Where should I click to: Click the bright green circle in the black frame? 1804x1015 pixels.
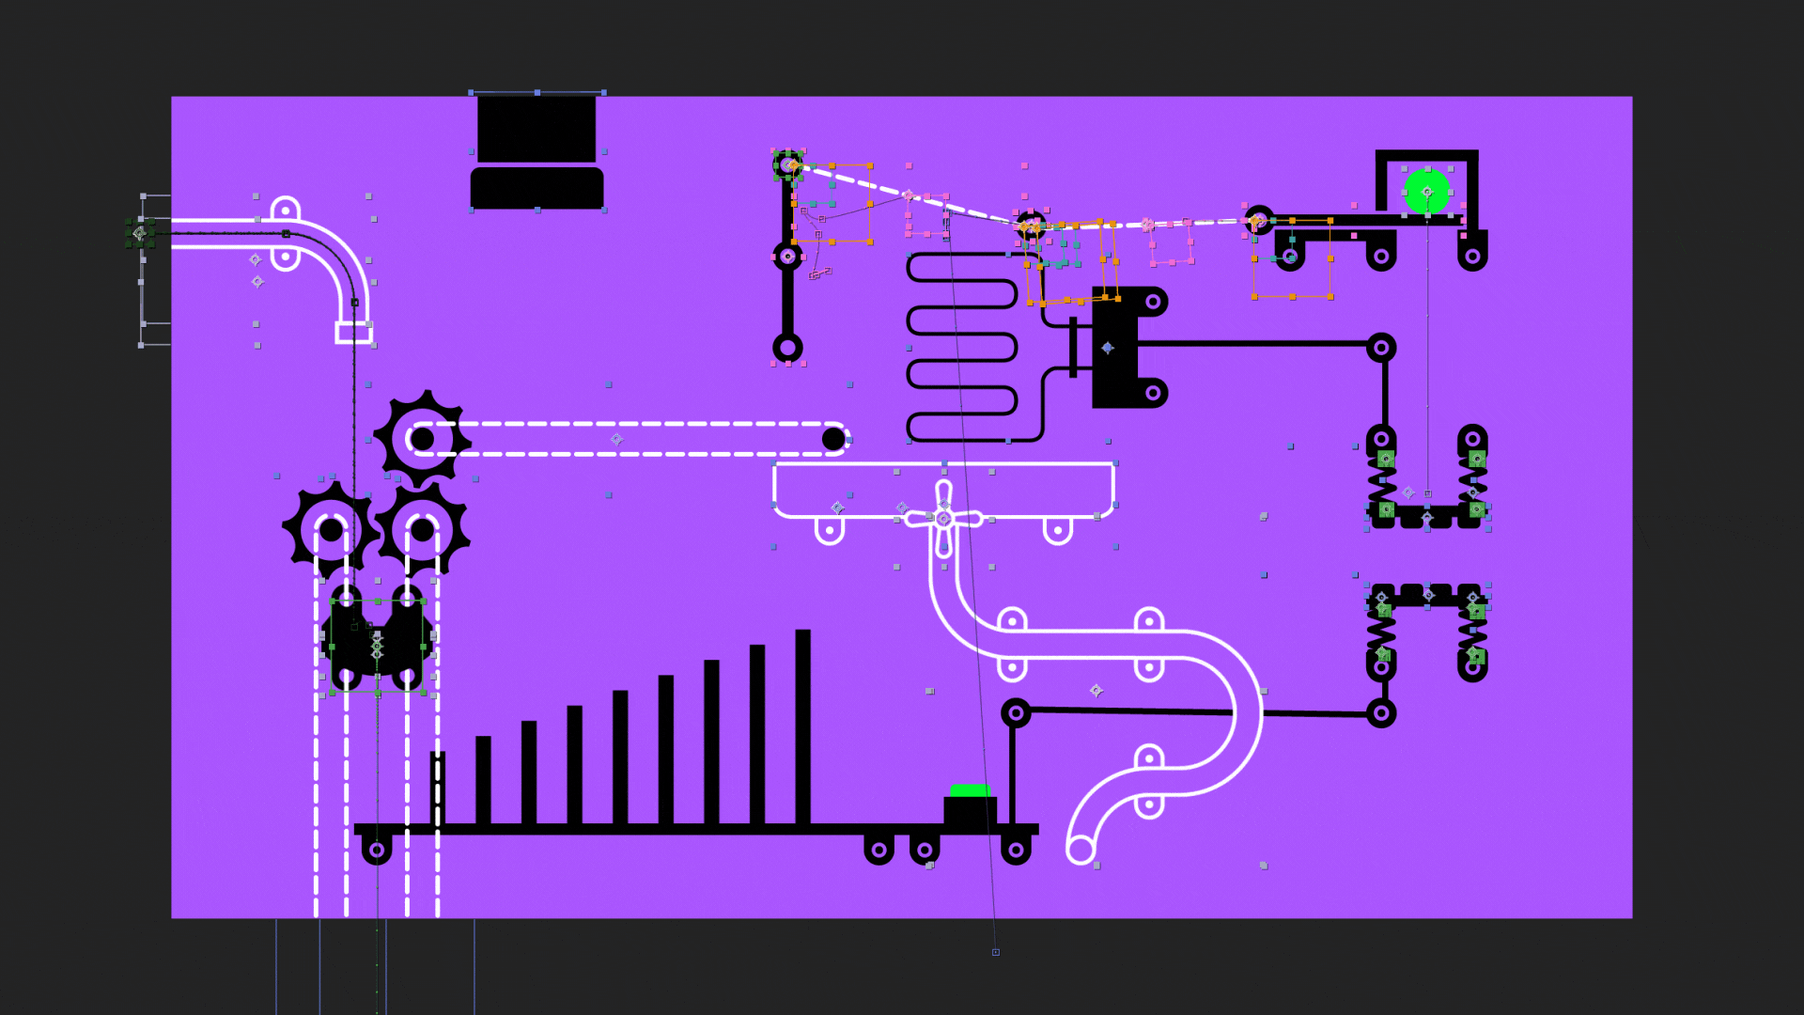click(1426, 192)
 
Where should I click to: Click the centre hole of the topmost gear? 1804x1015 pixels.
click(422, 439)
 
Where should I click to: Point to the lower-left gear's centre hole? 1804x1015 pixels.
click(331, 530)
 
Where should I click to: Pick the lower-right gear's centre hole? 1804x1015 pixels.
click(422, 530)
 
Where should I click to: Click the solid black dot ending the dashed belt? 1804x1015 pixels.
click(833, 439)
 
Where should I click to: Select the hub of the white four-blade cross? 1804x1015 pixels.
click(944, 519)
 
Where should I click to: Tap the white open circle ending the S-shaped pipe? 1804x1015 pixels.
click(1081, 850)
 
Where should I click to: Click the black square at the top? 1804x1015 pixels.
click(537, 128)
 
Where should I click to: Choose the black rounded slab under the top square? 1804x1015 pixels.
click(537, 188)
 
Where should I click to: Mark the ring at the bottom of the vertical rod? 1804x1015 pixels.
click(787, 348)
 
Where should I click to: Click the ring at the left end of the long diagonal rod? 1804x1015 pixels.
click(1016, 713)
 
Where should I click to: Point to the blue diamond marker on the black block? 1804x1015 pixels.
click(1108, 348)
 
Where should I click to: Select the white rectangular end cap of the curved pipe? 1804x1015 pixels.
click(353, 332)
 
